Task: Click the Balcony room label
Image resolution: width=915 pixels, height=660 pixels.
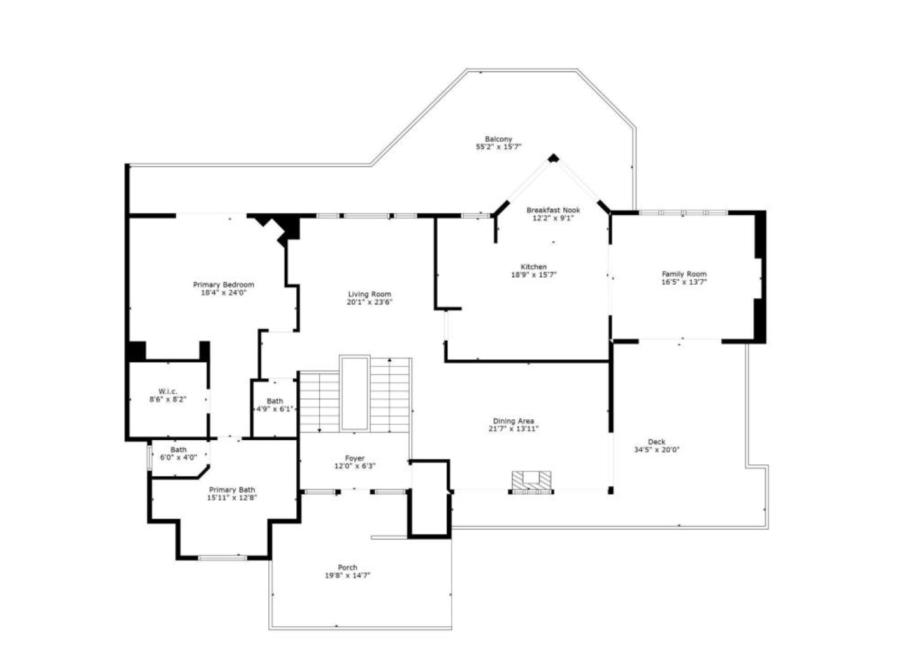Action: [x=498, y=139]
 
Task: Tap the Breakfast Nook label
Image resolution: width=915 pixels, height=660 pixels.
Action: [x=553, y=210]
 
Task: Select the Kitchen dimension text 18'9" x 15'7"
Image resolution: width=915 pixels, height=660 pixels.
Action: [x=533, y=275]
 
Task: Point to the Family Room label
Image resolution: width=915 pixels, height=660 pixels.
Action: [x=684, y=274]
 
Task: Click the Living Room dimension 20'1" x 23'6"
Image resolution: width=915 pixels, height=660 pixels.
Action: [x=370, y=303]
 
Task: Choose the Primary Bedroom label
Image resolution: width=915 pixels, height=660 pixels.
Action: [x=224, y=285]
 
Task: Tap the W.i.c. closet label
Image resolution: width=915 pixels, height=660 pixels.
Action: [x=168, y=391]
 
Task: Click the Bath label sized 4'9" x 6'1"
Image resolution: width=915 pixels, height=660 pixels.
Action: [x=275, y=401]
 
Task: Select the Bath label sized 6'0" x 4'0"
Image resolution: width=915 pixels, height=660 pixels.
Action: [x=178, y=450]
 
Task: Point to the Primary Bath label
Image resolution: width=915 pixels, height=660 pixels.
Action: [x=232, y=490]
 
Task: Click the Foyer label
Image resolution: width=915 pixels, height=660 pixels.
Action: [x=355, y=458]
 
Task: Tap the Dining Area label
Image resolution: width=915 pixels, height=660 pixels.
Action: [x=513, y=421]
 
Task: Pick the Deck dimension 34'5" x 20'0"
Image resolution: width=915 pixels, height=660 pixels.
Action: [x=656, y=450]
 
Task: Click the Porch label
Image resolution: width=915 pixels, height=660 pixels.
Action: [x=347, y=568]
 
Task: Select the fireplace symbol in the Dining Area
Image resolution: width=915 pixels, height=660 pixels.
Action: [x=531, y=482]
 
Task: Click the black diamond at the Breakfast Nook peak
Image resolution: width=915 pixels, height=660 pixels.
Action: [x=553, y=157]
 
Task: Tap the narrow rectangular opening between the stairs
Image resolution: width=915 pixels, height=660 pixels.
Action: [x=354, y=393]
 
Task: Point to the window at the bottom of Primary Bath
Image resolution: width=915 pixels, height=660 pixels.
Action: [x=222, y=558]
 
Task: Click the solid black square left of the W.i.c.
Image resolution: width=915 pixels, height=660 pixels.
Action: [x=136, y=351]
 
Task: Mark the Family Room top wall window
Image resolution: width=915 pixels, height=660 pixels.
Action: [x=683, y=212]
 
